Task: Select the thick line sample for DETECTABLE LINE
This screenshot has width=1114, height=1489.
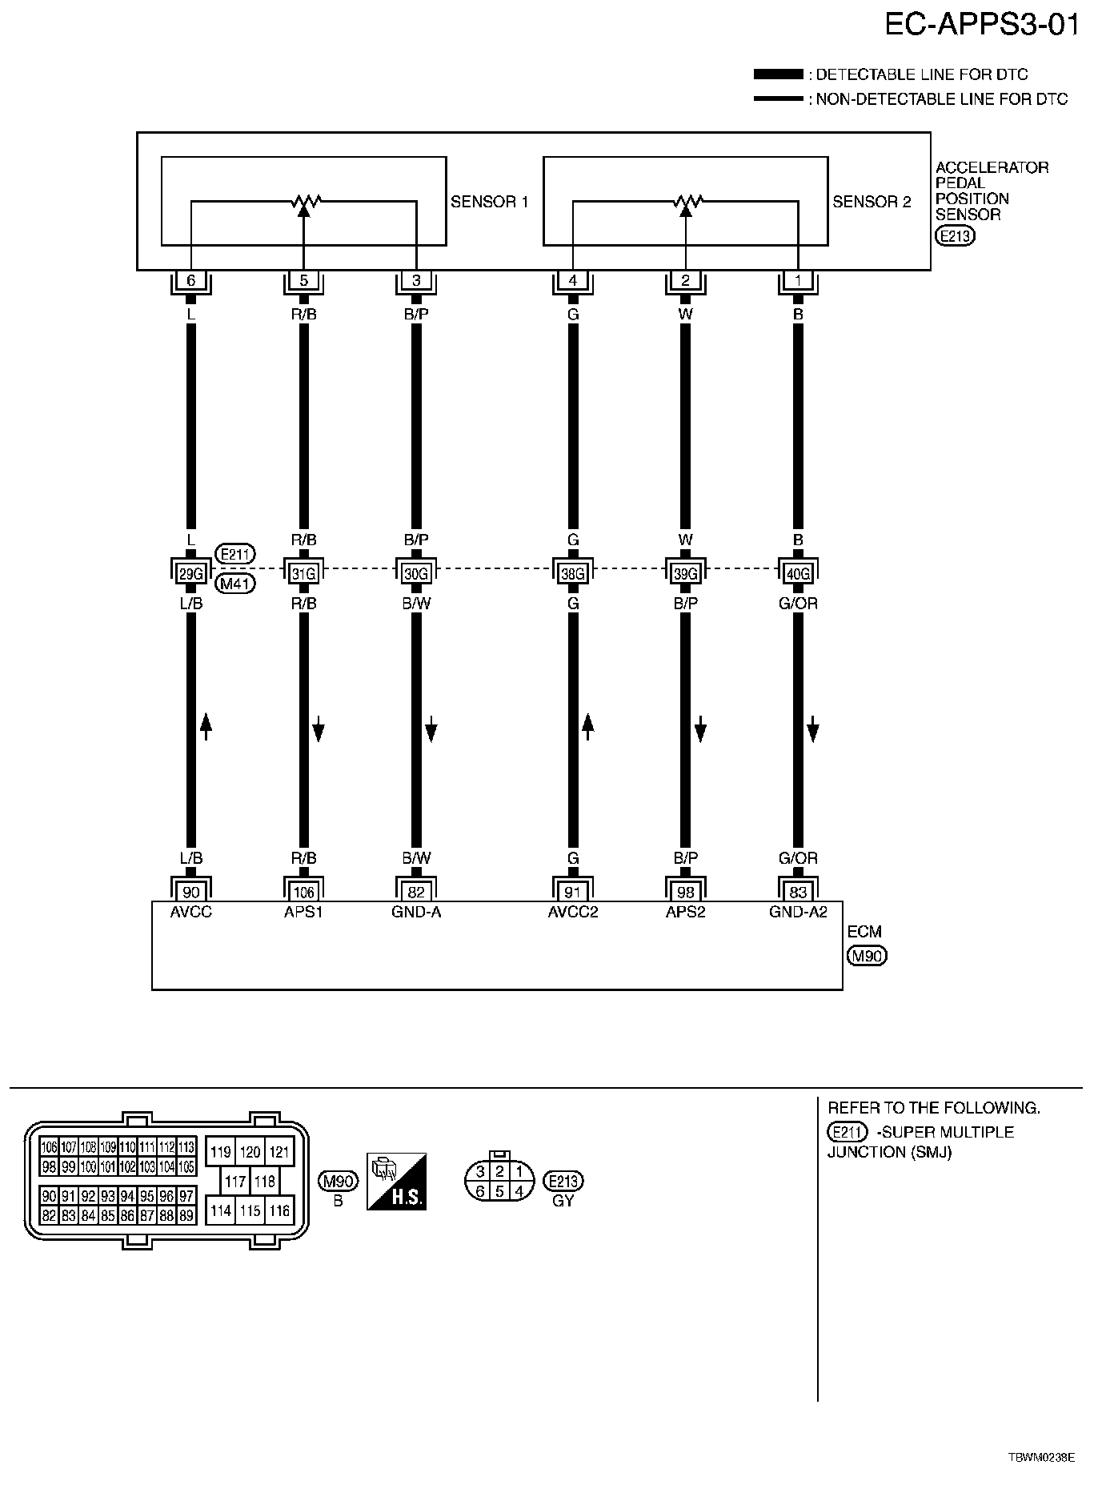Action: pyautogui.click(x=777, y=74)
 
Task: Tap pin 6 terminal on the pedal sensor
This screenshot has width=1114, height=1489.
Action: pyautogui.click(x=190, y=281)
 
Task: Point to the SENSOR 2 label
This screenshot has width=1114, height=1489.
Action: pyautogui.click(x=872, y=202)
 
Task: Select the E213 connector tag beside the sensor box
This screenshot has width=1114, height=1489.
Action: pyautogui.click(x=956, y=236)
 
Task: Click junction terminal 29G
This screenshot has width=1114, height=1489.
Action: pyautogui.click(x=190, y=573)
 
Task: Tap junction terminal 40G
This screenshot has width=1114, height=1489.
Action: pyautogui.click(x=798, y=573)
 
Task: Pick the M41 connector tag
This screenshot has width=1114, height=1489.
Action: pyautogui.click(x=235, y=584)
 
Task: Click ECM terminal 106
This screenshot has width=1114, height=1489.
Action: pyautogui.click(x=303, y=892)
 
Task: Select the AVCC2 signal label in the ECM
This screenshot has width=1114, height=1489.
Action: pyautogui.click(x=573, y=912)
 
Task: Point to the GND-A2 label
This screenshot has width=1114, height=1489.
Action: pyautogui.click(x=798, y=912)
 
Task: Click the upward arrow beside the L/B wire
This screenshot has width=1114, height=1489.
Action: pyautogui.click(x=206, y=725)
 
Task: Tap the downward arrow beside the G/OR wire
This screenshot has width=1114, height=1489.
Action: pyautogui.click(x=813, y=730)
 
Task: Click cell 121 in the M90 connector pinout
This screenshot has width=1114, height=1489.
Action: pyautogui.click(x=279, y=1152)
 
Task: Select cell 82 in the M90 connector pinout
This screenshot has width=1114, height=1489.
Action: pyautogui.click(x=50, y=1216)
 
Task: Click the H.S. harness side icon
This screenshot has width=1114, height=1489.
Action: pyautogui.click(x=396, y=1181)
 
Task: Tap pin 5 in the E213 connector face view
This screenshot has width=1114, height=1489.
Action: pyautogui.click(x=499, y=1191)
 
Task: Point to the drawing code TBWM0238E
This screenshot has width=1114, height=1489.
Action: pyautogui.click(x=1040, y=1458)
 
